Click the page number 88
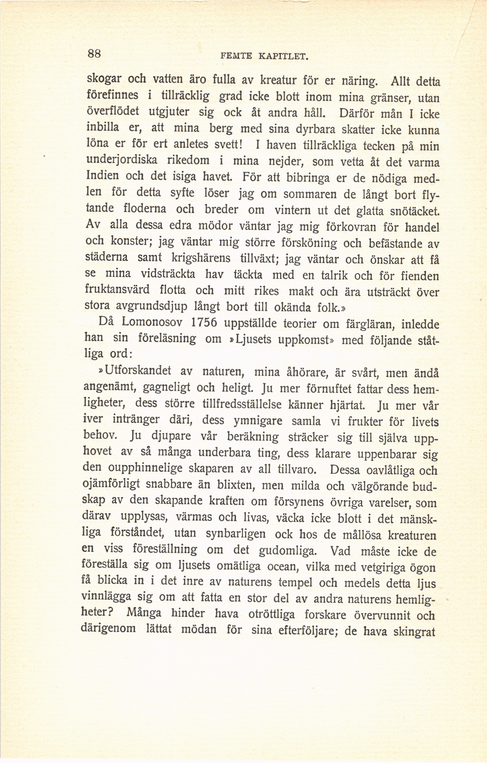[x=94, y=54]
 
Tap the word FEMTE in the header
[x=236, y=57]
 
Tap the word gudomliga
[x=288, y=551]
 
